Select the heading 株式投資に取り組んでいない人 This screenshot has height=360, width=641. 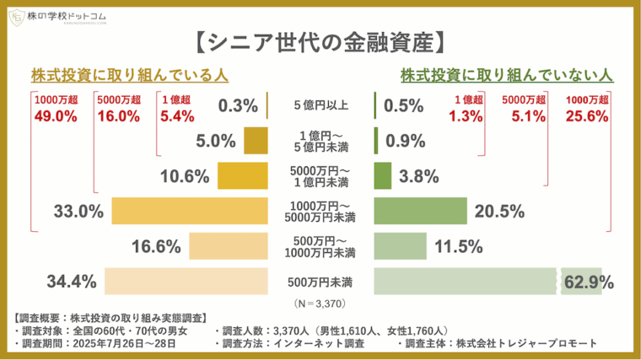tap(506, 75)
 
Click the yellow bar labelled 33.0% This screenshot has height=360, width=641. tap(189, 212)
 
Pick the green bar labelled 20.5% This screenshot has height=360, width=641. tap(420, 212)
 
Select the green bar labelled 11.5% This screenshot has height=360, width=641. tap(400, 246)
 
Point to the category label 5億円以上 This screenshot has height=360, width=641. tap(320, 106)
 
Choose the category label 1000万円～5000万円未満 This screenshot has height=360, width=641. tap(320, 212)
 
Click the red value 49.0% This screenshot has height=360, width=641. tap(51, 117)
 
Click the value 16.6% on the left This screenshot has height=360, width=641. tap(157, 246)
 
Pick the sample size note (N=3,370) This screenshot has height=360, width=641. tap(320, 302)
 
